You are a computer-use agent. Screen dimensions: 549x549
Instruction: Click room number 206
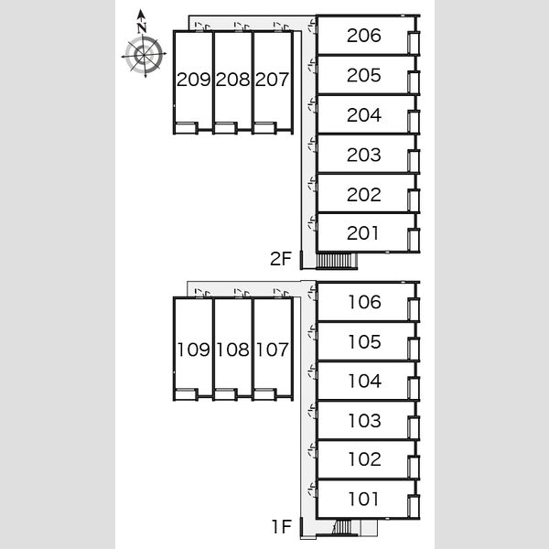click(x=364, y=36)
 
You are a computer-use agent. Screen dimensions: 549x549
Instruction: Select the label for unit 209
click(x=194, y=80)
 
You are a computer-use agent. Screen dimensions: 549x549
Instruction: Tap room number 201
click(x=363, y=233)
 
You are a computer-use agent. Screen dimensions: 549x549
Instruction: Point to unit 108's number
click(x=232, y=350)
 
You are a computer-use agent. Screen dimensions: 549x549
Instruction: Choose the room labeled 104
click(x=364, y=381)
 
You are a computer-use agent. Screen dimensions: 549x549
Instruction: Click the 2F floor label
click(x=281, y=259)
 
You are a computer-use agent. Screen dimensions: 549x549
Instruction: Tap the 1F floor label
click(x=282, y=527)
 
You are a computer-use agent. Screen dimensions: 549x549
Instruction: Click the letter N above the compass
click(x=142, y=28)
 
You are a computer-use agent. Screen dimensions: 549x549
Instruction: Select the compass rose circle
click(x=145, y=55)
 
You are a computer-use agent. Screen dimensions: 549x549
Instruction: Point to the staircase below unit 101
click(x=342, y=527)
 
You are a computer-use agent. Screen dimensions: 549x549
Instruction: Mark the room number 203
click(x=364, y=155)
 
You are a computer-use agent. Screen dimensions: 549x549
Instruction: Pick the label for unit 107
click(x=273, y=350)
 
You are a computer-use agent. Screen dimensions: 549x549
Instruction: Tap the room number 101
click(x=363, y=499)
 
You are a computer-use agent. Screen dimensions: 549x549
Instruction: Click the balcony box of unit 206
click(x=414, y=43)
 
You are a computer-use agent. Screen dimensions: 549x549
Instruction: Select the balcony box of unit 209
click(x=187, y=128)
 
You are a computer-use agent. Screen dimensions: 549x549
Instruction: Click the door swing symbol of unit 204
click(x=312, y=106)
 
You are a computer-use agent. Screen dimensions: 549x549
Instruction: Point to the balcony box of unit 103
click(x=414, y=427)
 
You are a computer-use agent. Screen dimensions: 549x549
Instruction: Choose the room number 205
click(x=364, y=75)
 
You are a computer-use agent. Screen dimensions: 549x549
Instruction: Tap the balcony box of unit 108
click(x=225, y=394)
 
